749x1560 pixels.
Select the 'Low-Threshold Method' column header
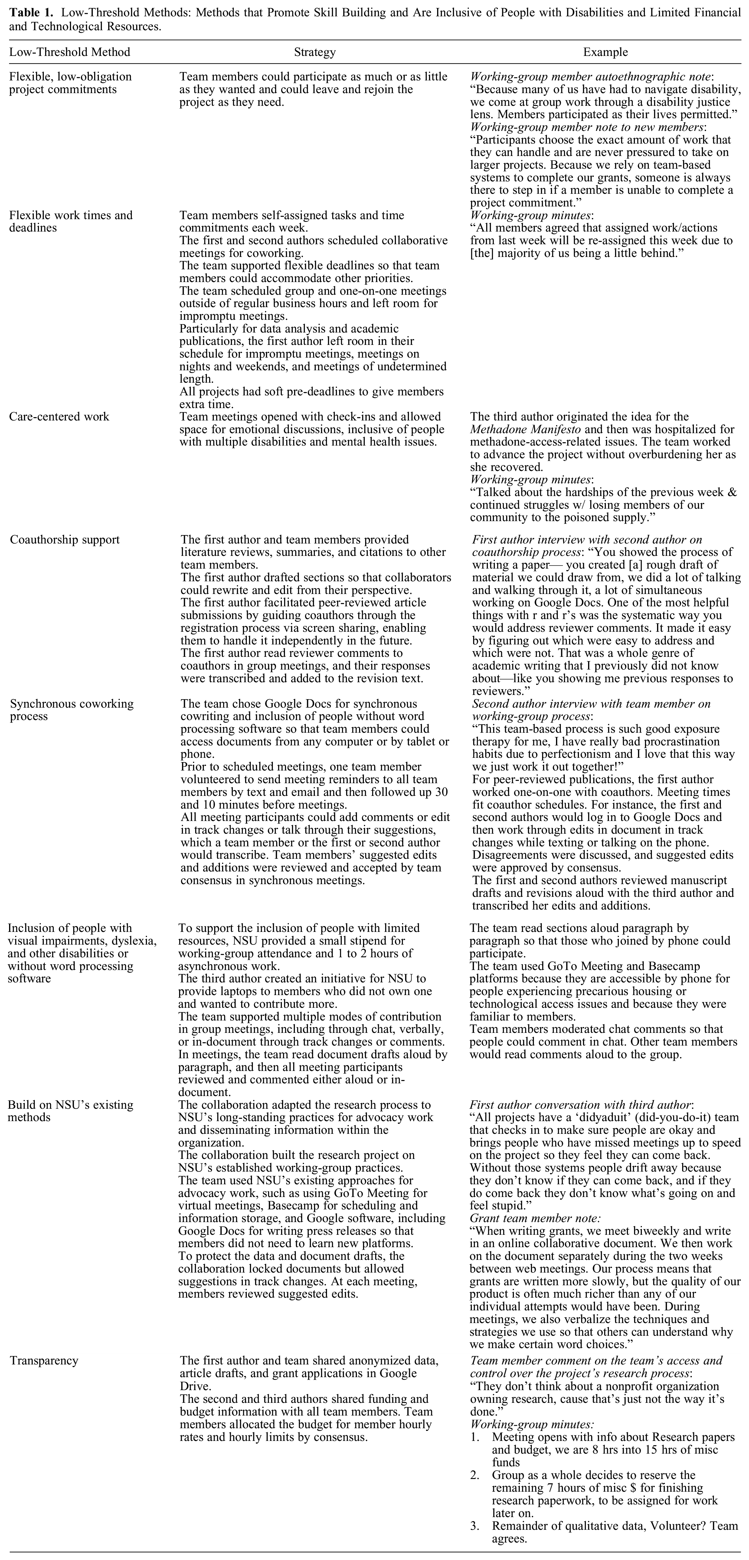pyautogui.click(x=70, y=52)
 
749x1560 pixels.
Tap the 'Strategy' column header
pyautogui.click(x=315, y=52)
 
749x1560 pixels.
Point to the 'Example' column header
pyautogui.click(x=605, y=52)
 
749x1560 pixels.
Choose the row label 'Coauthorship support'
pyautogui.click(x=65, y=540)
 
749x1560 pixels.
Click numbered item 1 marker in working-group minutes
pyautogui.click(x=475, y=1437)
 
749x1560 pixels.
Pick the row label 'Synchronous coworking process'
pyautogui.click(x=71, y=710)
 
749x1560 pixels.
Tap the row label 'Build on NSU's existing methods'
pyautogui.click(x=70, y=1111)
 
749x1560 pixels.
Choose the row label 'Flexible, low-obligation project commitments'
pyautogui.click(x=70, y=83)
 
